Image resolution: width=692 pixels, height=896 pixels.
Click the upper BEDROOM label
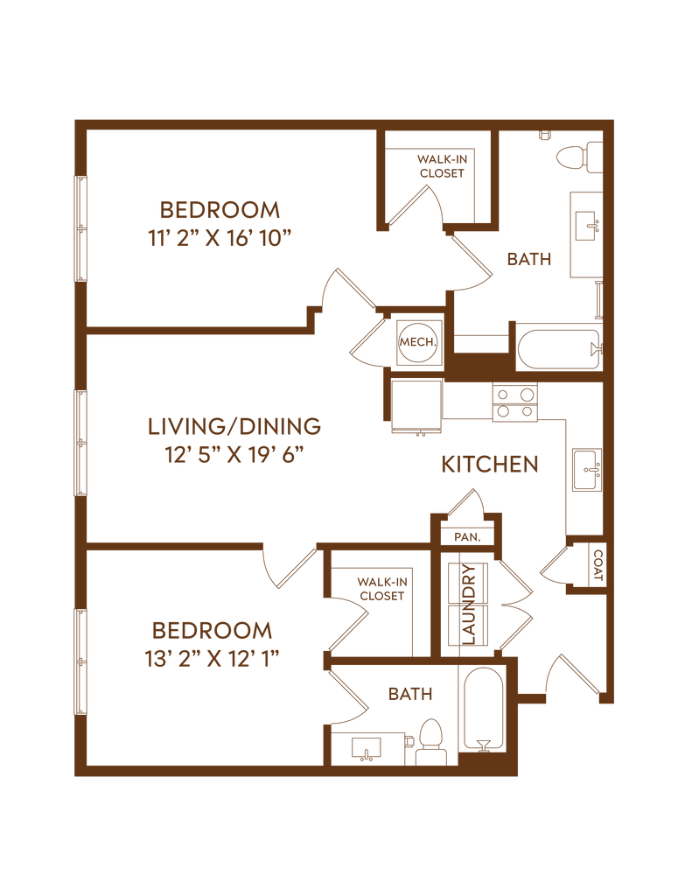click(220, 210)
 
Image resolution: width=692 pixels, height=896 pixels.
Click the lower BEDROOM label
click(212, 630)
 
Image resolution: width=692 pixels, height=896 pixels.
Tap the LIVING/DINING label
click(234, 427)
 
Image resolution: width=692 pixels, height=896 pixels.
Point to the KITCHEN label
click(489, 465)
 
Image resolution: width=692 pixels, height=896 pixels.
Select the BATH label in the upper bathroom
click(529, 259)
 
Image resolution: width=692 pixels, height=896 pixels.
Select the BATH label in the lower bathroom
click(410, 695)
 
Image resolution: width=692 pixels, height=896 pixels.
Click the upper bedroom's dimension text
click(220, 237)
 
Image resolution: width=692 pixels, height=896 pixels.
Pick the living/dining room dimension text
click(234, 456)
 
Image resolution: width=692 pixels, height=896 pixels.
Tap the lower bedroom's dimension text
click(212, 657)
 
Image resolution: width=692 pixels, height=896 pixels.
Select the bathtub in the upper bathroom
click(556, 347)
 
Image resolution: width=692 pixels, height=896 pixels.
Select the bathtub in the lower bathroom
click(483, 710)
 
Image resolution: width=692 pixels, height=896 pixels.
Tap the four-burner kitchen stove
click(515, 402)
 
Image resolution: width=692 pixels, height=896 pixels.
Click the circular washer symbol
click(416, 340)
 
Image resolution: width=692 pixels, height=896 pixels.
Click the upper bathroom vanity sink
click(584, 229)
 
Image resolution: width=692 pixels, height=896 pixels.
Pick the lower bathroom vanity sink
click(366, 749)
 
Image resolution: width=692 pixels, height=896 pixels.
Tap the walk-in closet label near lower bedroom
click(383, 587)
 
